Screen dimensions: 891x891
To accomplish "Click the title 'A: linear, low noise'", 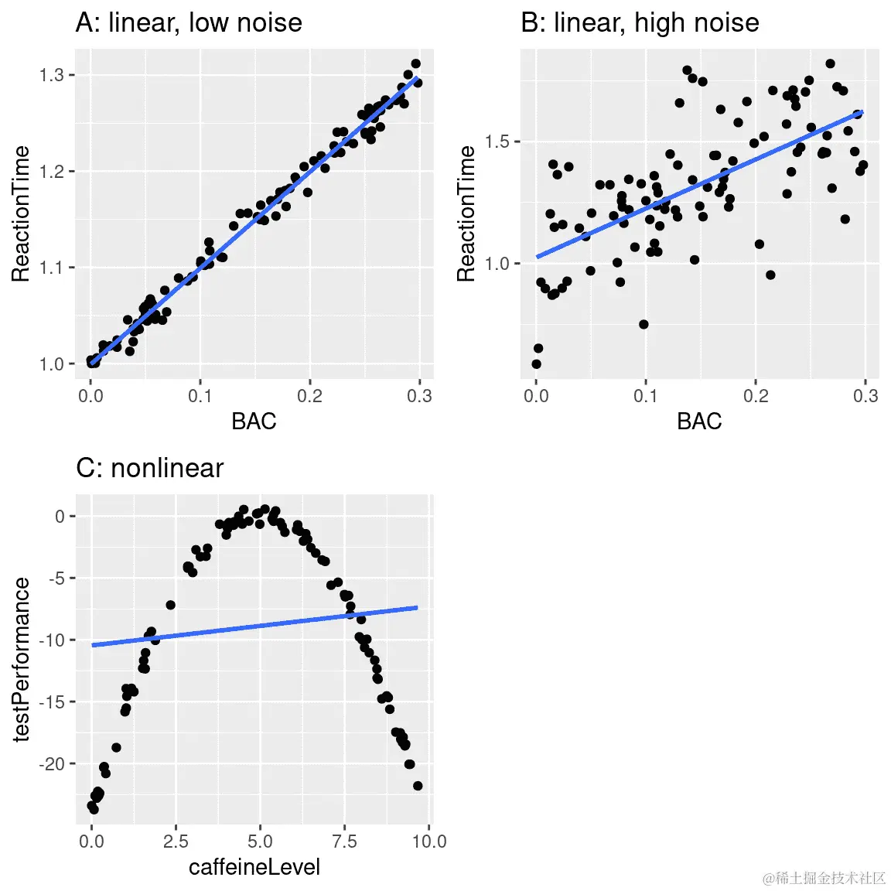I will (x=189, y=22).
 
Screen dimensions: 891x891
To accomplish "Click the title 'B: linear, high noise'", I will (x=640, y=22).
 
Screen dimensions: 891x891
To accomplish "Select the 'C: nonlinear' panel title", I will (x=149, y=468).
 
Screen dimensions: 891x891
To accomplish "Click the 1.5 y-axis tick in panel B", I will (x=497, y=142).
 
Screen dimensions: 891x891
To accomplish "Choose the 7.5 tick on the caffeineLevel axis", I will (x=345, y=841).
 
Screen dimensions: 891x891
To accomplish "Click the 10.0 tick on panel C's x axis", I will (x=429, y=841).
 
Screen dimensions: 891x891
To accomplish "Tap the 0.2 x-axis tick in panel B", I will (x=756, y=395).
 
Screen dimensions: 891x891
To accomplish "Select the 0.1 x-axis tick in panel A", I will (x=200, y=395).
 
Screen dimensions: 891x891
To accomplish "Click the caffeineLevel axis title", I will (x=254, y=867).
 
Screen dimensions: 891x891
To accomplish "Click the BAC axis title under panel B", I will (x=699, y=422).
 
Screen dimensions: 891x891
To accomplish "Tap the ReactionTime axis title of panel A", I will (x=22, y=213).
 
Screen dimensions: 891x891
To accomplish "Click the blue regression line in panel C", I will (x=255, y=626).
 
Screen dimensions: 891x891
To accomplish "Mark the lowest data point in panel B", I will (x=537, y=364).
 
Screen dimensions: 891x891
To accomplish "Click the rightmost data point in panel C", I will (x=418, y=786).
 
